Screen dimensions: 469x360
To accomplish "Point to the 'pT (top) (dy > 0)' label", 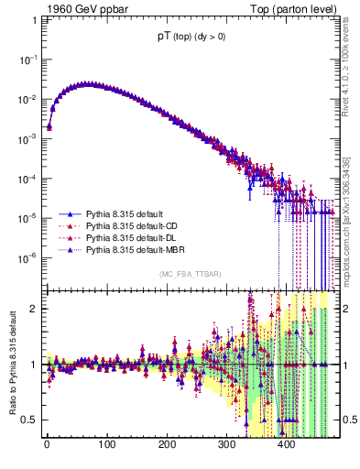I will pyautogui.click(x=190, y=39).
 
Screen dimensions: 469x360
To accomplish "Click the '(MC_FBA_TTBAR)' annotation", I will pyautogui.click(x=190, y=274).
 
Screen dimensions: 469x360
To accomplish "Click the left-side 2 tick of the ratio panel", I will pyautogui.click(x=32, y=308).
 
